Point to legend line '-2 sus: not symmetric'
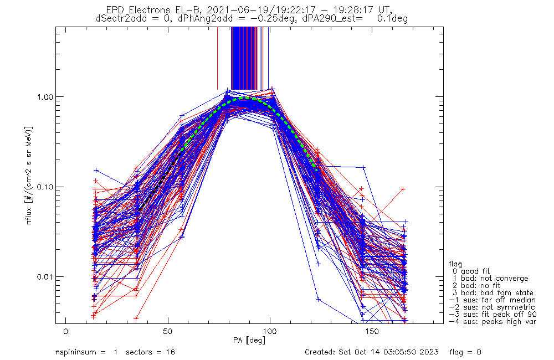492,307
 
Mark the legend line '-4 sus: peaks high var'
492,322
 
